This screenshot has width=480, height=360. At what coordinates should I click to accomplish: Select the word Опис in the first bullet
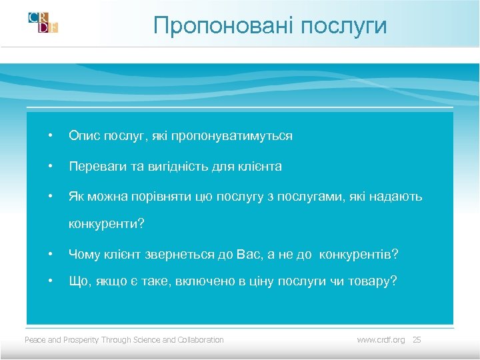tap(83, 136)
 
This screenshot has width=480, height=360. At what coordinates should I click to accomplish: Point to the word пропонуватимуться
tap(231, 136)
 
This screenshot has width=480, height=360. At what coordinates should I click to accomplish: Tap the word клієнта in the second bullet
tap(257, 167)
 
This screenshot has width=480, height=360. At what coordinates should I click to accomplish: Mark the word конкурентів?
tap(359, 255)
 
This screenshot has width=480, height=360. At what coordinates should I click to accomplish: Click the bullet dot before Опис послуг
tap(49, 137)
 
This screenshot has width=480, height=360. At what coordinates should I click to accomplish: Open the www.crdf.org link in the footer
tap(381, 340)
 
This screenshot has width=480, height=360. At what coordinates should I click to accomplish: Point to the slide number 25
tap(417, 340)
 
